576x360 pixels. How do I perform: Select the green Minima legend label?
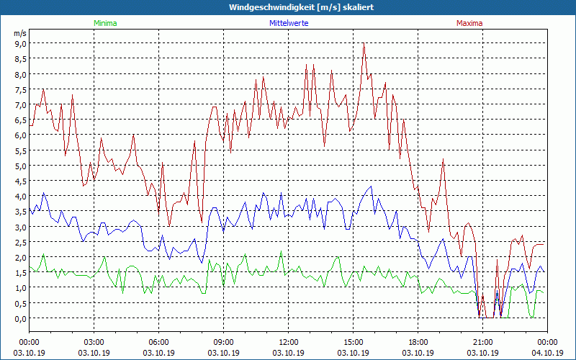click(x=105, y=23)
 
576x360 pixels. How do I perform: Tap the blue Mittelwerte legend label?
click(x=288, y=23)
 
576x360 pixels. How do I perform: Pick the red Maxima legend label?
click(x=470, y=23)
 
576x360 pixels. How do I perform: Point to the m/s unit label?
click(x=20, y=33)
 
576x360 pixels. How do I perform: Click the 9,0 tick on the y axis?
click(x=20, y=43)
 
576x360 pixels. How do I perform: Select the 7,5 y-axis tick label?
click(x=20, y=89)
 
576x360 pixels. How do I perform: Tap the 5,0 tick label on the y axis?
click(x=20, y=166)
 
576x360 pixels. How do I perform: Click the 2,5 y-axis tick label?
click(x=20, y=242)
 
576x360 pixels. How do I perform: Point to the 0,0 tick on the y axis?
click(x=20, y=318)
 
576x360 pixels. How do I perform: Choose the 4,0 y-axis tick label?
click(x=20, y=196)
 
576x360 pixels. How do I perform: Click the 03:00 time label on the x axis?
click(x=95, y=342)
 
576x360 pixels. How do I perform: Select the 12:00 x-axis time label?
click(x=289, y=342)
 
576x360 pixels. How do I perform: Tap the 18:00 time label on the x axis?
click(x=418, y=342)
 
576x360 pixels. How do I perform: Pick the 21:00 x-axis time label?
click(x=482, y=342)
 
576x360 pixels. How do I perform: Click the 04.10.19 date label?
click(x=547, y=353)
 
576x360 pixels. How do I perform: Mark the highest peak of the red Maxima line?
click(x=364, y=44)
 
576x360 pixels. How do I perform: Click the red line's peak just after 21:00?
click(x=497, y=259)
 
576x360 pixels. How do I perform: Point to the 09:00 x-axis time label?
click(x=224, y=342)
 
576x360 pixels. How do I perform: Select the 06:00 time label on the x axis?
click(x=159, y=342)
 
